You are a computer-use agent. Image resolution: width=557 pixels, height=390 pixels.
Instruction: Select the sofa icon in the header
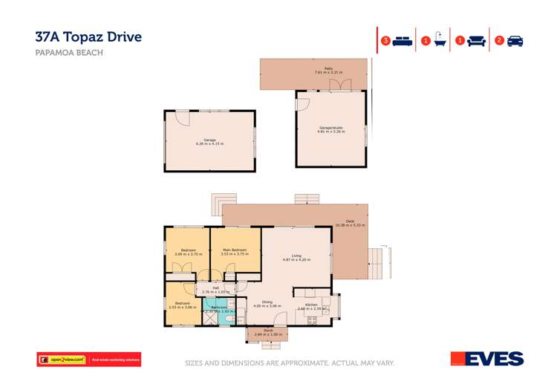click(477, 41)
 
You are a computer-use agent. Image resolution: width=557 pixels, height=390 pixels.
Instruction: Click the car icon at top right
click(515, 41)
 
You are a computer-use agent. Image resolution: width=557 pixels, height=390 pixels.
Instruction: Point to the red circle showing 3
click(385, 41)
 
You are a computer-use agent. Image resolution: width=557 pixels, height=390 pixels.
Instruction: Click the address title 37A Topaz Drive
click(88, 36)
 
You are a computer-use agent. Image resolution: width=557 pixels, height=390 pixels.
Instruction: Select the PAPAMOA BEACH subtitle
click(69, 53)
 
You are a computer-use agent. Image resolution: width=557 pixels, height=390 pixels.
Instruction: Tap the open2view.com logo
click(63, 360)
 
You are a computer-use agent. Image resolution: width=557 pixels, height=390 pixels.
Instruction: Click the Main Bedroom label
click(235, 252)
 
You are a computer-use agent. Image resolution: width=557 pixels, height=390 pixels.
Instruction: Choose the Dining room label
click(267, 304)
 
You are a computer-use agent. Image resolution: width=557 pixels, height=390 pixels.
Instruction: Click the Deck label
click(351, 223)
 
